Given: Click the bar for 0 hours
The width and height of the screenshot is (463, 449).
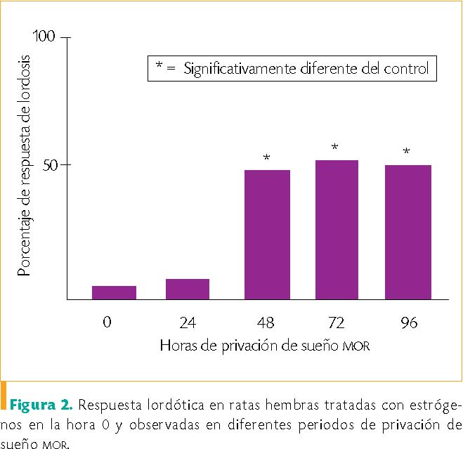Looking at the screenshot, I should [114, 292].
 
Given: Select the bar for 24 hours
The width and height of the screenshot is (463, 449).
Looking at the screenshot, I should [188, 289].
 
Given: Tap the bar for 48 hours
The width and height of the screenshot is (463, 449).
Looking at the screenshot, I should [267, 235].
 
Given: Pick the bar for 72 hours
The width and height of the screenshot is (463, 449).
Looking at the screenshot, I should [337, 230].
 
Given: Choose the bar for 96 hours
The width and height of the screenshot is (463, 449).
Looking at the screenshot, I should [408, 232].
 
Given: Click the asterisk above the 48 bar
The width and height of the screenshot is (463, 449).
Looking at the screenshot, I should [266, 157].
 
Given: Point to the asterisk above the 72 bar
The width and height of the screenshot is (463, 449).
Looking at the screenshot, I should [335, 148].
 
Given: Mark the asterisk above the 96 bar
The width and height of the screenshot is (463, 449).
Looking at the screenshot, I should [407, 152].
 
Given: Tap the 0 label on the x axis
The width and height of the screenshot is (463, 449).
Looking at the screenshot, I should [107, 323].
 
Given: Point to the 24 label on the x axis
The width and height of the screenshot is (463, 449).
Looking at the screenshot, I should [188, 323].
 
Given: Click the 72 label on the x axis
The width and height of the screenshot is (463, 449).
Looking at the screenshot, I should [337, 323].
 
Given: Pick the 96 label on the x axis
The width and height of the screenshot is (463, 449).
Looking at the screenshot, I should [407, 323].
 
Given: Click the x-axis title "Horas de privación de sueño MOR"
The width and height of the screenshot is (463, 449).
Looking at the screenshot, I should [265, 346].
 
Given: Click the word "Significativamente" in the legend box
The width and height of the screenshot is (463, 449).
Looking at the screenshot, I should [231, 69].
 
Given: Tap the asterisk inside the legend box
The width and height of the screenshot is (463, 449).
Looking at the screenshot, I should [159, 67].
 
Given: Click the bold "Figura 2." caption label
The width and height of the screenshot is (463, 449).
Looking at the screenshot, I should [40, 405].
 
